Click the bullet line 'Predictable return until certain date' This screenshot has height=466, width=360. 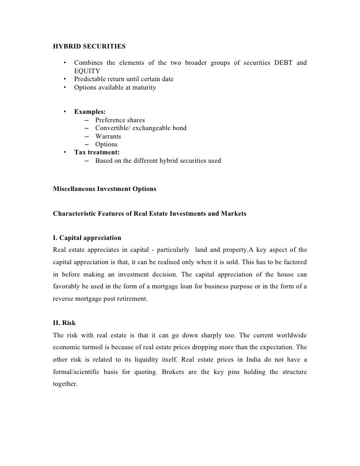124,79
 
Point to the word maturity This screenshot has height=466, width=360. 142,88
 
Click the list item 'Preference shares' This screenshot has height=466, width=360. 120,120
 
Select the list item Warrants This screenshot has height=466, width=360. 108,136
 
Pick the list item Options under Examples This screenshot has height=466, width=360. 106,144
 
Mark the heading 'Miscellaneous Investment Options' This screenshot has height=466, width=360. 104,189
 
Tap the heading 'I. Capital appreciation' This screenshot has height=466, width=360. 87,238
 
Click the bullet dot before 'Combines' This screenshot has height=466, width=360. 64,63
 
